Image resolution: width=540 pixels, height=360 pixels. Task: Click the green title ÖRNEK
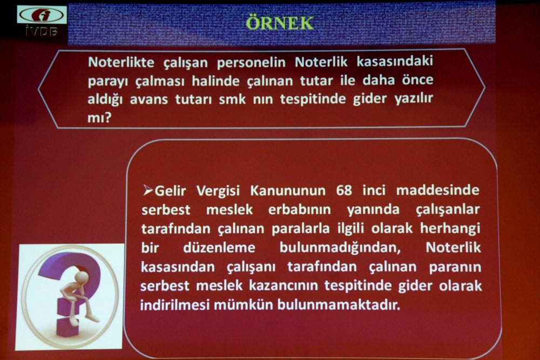coord(279,23)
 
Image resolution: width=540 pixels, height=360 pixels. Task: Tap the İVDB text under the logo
coord(42,31)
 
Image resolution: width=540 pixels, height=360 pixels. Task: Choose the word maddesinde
coord(438,191)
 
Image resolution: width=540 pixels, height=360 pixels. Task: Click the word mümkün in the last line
coord(244,304)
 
